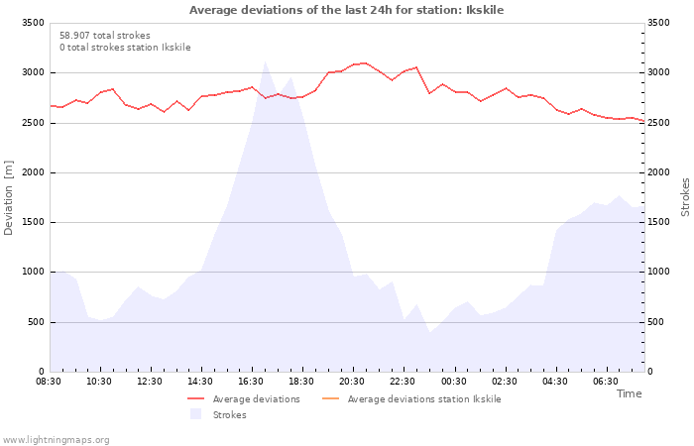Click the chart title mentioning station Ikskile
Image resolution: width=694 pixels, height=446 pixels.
(347, 10)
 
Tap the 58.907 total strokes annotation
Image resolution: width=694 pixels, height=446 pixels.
(105, 36)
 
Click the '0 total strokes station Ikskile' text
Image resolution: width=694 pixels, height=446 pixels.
(125, 48)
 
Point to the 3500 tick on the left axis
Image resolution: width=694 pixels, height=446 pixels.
(33, 23)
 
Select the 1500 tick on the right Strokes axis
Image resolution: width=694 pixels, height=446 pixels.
(658, 222)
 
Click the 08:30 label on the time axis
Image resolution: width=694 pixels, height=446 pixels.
(49, 382)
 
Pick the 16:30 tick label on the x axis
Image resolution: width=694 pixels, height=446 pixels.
(251, 382)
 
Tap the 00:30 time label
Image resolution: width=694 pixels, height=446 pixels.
(454, 382)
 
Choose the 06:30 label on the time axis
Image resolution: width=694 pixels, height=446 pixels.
(606, 382)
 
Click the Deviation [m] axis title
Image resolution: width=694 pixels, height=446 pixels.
(8, 198)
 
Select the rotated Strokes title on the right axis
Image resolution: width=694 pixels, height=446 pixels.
(685, 197)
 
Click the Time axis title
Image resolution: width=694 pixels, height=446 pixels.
(629, 393)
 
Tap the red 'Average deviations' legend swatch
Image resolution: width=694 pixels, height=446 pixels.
(196, 398)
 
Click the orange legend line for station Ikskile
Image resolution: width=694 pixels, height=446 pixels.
(330, 398)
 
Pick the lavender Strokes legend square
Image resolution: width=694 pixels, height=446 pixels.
(195, 414)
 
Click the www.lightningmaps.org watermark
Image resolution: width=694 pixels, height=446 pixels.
(56, 440)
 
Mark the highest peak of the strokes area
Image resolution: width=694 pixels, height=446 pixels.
(265, 61)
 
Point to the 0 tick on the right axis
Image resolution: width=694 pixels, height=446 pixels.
(649, 372)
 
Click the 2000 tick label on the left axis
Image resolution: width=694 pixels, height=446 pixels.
(33, 172)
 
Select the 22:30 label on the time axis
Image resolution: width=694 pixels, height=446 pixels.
(403, 382)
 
